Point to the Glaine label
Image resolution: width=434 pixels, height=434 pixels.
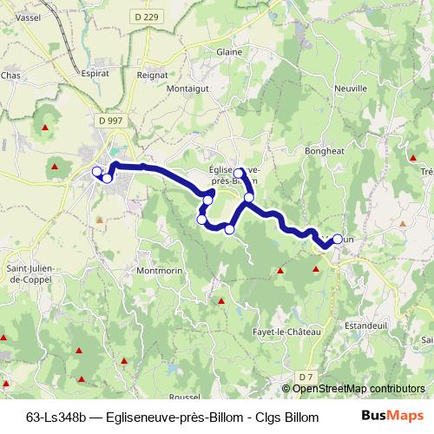click(x=229, y=52)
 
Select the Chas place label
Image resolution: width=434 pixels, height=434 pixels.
click(x=11, y=76)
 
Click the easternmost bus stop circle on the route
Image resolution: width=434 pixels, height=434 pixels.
click(x=338, y=239)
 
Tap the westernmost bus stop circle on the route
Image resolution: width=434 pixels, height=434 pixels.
click(x=97, y=172)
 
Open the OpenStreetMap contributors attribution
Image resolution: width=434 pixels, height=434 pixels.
click(x=358, y=388)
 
